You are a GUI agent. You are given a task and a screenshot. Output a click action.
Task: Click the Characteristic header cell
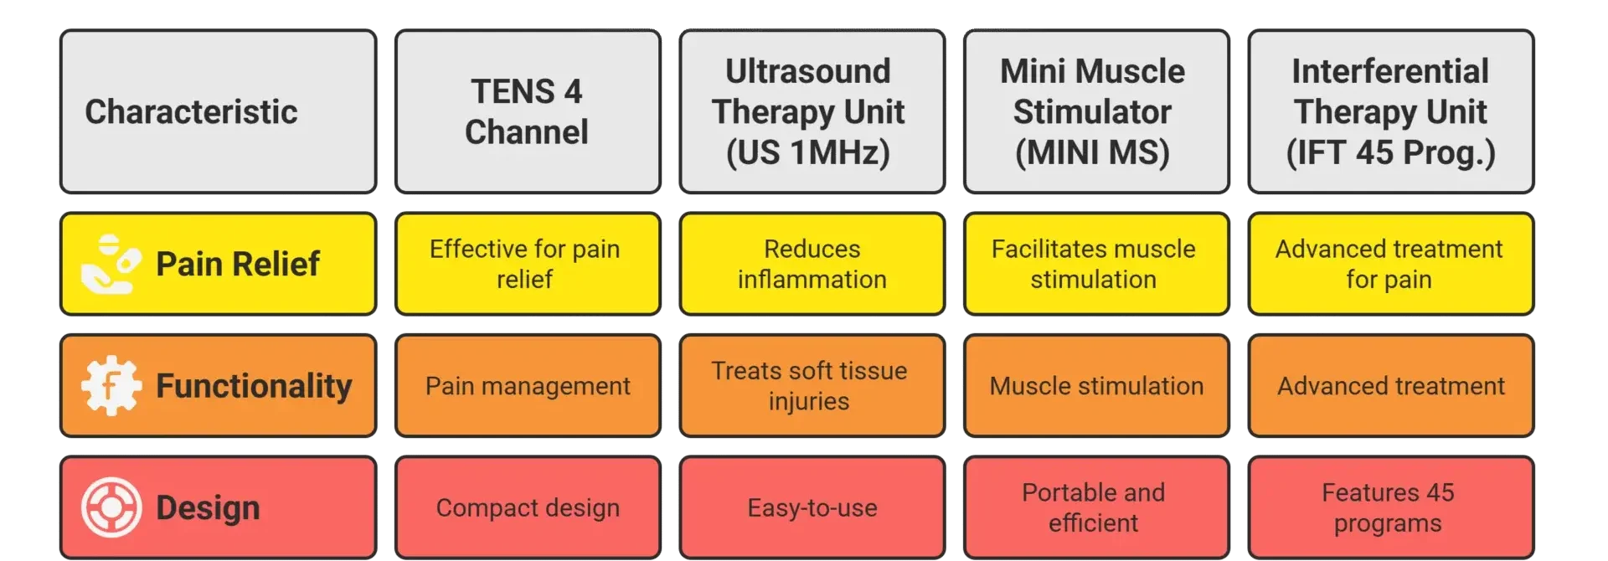pyautogui.click(x=218, y=111)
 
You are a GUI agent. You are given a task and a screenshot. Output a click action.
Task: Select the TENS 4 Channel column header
pyautogui.click(x=528, y=111)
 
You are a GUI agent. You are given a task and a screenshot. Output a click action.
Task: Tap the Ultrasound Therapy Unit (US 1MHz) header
pyautogui.click(x=812, y=111)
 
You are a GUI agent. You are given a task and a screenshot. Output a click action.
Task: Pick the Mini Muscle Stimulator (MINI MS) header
pyautogui.click(x=1096, y=111)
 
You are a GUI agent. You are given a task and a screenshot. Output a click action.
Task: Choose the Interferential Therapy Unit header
pyautogui.click(x=1390, y=111)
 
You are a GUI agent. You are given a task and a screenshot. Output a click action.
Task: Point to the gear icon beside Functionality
pyautogui.click(x=111, y=386)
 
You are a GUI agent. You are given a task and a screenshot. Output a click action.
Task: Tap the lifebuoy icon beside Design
pyautogui.click(x=111, y=507)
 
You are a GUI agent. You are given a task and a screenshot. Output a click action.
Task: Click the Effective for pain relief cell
pyautogui.click(x=528, y=264)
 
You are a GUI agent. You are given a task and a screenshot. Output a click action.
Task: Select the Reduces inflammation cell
pyautogui.click(x=812, y=264)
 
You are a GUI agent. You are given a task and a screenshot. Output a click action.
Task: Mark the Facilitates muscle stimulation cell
pyautogui.click(x=1096, y=264)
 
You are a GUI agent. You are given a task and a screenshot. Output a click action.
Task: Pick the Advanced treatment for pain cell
pyautogui.click(x=1390, y=264)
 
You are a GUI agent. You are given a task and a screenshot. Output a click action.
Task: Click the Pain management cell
pyautogui.click(x=528, y=386)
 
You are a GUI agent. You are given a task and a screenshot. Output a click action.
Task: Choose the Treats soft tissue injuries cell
pyautogui.click(x=812, y=386)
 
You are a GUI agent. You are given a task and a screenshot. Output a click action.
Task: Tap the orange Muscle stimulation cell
pyautogui.click(x=1096, y=386)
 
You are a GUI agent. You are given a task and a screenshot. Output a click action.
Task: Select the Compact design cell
pyautogui.click(x=528, y=507)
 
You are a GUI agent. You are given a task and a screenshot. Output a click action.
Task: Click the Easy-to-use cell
pyautogui.click(x=812, y=507)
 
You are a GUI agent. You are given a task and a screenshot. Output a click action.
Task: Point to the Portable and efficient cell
pyautogui.click(x=1096, y=507)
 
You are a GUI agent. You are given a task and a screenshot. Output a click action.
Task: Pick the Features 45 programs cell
pyautogui.click(x=1390, y=507)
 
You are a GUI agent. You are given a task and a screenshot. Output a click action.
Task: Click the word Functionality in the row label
pyautogui.click(x=254, y=387)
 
